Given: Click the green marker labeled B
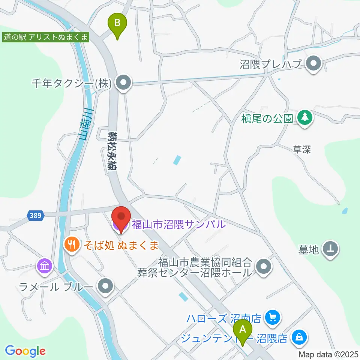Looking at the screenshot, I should (117, 24).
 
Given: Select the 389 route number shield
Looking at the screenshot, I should (36, 216).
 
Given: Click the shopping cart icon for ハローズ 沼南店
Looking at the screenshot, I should (271, 318).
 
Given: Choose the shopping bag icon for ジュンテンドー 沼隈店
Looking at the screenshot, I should (300, 338).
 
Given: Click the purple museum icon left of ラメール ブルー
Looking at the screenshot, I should (45, 267).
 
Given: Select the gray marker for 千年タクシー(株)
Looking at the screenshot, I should (123, 84).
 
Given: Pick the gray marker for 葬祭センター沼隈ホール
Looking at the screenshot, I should (264, 267).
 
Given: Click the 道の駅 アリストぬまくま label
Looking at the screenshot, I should (45, 37).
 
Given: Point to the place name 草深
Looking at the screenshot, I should (302, 149).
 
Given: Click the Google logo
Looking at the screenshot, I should (25, 351).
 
